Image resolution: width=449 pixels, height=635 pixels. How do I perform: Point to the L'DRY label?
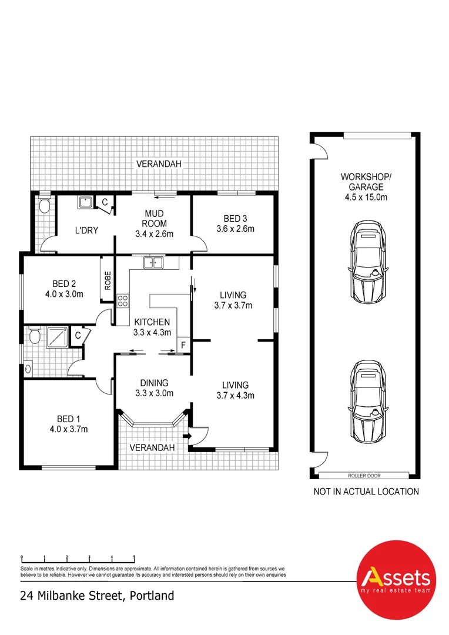click(x=86, y=230)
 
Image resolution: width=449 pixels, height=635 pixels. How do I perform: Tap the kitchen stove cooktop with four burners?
click(x=123, y=301)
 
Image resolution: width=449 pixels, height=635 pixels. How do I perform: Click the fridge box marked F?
click(x=183, y=345)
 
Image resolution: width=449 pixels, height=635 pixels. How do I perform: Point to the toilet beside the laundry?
click(x=43, y=206)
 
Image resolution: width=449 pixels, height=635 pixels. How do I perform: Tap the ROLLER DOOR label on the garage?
click(x=363, y=474)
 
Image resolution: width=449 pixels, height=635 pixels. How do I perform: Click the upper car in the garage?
click(x=370, y=261)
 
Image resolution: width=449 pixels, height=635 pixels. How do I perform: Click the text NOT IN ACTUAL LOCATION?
click(x=366, y=492)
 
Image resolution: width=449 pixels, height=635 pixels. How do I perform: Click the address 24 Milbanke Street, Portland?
click(x=97, y=596)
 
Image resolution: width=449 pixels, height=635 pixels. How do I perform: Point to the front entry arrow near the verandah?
click(x=187, y=436)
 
